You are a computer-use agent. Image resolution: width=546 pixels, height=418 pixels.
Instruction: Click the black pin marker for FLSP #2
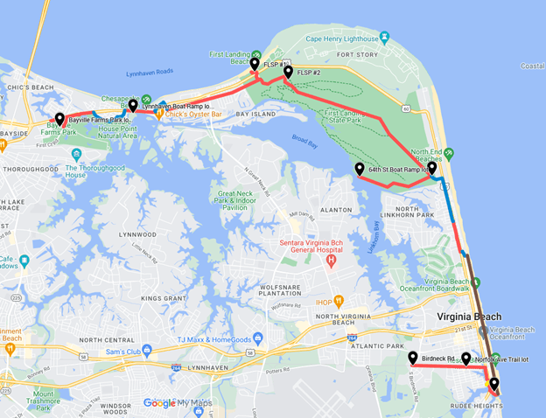click(288, 72)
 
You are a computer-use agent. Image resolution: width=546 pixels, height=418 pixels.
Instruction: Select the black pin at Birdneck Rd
click(412, 357)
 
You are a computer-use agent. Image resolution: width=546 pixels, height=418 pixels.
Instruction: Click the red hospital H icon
click(331, 261)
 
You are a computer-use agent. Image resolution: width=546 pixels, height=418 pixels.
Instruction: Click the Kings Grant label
click(162, 298)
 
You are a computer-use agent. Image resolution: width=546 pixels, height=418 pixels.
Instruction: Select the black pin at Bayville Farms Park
click(59, 119)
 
